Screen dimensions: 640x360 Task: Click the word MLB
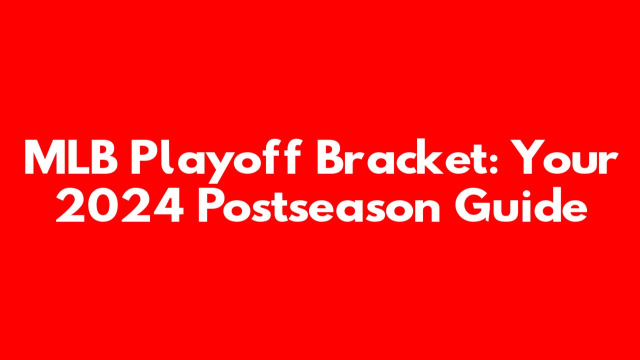71,157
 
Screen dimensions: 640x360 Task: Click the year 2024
119,204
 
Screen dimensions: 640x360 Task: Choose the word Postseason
319,204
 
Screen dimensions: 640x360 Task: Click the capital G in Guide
473,204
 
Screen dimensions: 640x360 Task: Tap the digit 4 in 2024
168,204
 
